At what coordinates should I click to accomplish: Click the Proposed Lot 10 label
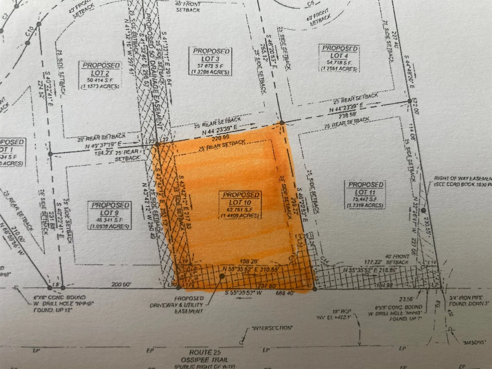pos(240,204)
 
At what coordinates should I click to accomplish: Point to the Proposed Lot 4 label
pos(339,58)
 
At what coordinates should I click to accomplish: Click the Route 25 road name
pos(205,352)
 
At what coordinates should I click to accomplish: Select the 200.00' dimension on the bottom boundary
pos(121,284)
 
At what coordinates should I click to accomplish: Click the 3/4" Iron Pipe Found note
pos(469,301)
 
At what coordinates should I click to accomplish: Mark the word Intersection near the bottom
pos(272,328)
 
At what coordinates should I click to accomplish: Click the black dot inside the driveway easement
pos(222,276)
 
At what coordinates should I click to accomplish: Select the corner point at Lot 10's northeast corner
pos(282,123)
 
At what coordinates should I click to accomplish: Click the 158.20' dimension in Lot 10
pos(249,261)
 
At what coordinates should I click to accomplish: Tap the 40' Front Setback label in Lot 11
pos(397,259)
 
